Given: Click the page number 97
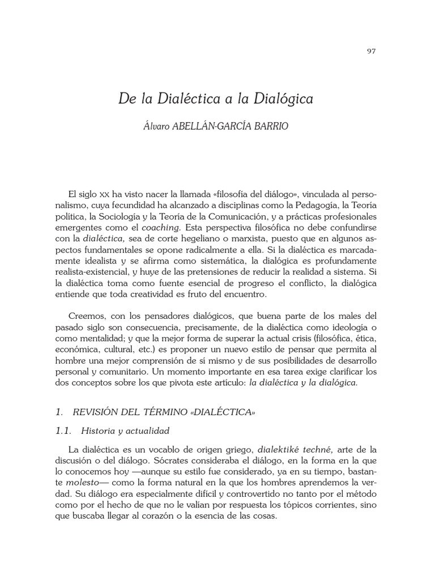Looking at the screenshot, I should tap(372, 51).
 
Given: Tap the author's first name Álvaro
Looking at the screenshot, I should tap(159, 126).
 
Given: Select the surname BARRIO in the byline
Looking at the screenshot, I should tap(271, 126).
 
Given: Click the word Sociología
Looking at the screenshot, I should tap(118, 216).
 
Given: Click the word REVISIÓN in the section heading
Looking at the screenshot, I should tap(113, 412).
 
